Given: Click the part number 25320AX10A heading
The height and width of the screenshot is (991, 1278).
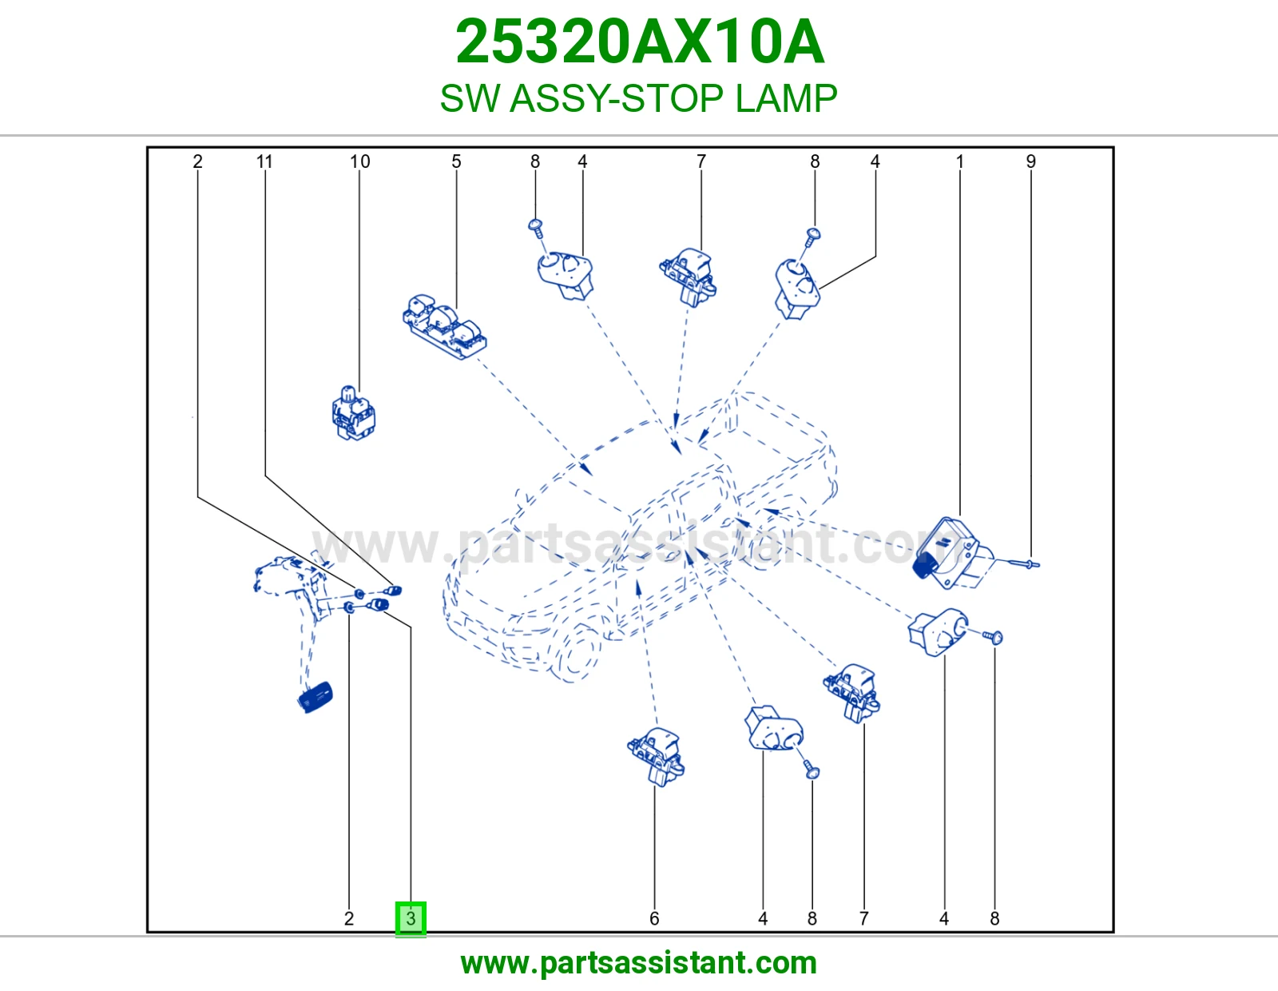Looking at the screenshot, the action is [x=640, y=42].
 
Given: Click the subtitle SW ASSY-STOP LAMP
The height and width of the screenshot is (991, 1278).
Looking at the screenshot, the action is [x=639, y=98].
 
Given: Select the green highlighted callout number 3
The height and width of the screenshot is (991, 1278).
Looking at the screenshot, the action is [x=411, y=918].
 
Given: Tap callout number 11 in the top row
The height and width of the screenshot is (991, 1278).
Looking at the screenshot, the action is [x=264, y=161].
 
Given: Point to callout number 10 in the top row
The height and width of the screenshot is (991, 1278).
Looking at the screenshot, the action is [x=360, y=161].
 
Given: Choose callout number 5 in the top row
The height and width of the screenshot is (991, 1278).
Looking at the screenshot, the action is [x=456, y=161].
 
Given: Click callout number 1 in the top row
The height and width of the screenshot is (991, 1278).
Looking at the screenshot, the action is [x=960, y=161].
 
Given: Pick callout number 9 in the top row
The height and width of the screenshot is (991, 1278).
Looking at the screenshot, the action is [x=1031, y=161].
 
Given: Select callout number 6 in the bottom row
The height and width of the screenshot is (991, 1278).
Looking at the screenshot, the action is [x=654, y=918].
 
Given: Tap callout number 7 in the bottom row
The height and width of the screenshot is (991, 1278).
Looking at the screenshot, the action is [x=864, y=918].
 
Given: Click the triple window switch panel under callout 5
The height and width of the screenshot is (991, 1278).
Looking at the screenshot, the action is [x=445, y=327].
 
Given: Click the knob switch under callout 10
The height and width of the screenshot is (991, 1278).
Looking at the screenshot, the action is [x=354, y=412].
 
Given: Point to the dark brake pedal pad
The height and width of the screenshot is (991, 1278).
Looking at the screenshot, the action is [x=316, y=698].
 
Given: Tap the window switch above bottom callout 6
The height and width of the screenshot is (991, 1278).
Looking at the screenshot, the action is [x=656, y=757].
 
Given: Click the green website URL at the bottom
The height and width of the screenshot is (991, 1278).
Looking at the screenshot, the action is [x=639, y=963].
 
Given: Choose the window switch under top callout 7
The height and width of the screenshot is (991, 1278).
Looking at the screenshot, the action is [x=688, y=277].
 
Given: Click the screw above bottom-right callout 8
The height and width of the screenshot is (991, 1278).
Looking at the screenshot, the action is [x=994, y=636].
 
